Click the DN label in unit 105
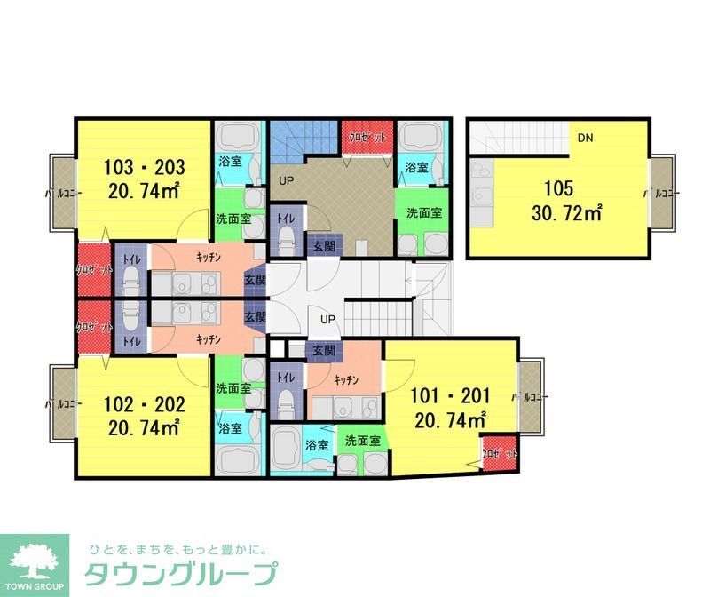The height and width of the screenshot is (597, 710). tap(585, 138)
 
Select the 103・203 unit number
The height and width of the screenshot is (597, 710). tap(144, 167)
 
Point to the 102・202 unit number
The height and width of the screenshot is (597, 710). tap(144, 405)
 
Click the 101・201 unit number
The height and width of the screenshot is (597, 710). tap(451, 394)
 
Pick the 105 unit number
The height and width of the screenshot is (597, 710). tap(560, 188)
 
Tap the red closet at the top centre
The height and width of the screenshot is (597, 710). tap(367, 138)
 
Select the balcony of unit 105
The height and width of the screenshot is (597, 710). tap(663, 193)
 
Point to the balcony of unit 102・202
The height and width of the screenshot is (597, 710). tap(62, 403)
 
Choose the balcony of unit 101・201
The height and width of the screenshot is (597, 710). tap(532, 396)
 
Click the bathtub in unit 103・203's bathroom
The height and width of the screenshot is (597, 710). tap(238, 138)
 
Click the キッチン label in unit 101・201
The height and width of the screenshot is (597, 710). tap(346, 379)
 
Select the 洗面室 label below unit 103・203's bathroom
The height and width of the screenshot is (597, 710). tap(233, 219)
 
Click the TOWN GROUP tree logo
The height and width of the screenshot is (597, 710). tap(34, 560)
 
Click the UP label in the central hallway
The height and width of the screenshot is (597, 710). tap(327, 318)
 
